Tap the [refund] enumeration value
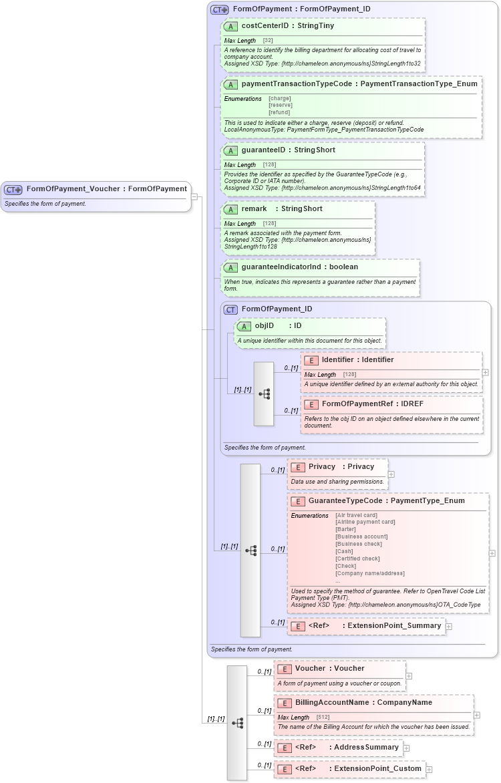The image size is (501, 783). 279,112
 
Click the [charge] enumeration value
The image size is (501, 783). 279,98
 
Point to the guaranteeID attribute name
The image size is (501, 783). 263,150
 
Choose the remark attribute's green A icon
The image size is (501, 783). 230,209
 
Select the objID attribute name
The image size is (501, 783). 265,326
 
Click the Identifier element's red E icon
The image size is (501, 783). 311,360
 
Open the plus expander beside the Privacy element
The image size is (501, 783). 391,474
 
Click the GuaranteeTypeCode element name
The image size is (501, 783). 345,500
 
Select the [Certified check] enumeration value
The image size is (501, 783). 357,559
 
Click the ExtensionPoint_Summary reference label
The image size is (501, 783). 394,626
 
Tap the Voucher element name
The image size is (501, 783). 310,668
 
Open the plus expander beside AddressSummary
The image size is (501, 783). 406,748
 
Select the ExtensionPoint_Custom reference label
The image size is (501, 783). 377,769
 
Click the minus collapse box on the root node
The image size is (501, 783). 194,196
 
